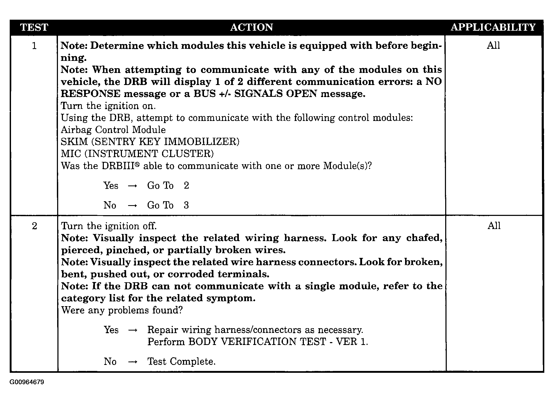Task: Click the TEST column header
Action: [x=34, y=27]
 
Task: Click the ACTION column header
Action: [x=251, y=27]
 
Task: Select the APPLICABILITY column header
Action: [x=493, y=27]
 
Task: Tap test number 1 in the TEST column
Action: [x=34, y=46]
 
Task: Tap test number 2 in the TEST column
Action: [x=34, y=226]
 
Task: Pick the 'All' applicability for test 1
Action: [x=493, y=45]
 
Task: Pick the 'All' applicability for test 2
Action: [x=494, y=226]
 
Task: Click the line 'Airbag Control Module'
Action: [x=113, y=130]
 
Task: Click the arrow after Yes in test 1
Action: [x=132, y=186]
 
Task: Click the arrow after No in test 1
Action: [x=132, y=206]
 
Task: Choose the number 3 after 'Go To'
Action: [x=186, y=205]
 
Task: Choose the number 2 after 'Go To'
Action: [x=186, y=185]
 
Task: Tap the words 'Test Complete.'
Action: [x=181, y=362]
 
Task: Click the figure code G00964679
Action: [x=27, y=382]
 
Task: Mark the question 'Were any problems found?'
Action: [x=122, y=310]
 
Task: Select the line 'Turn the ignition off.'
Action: [x=109, y=226]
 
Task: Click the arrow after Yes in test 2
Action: [x=133, y=330]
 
